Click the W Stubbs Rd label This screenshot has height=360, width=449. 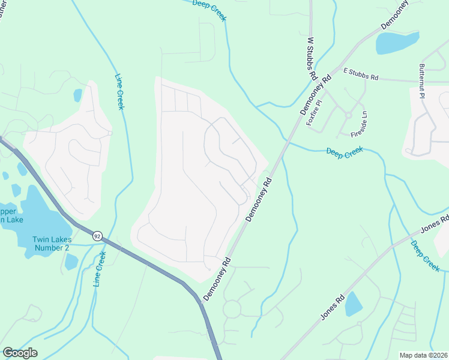tap(312, 59)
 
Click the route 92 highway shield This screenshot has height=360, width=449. tap(97, 236)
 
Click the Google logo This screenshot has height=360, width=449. tap(20, 353)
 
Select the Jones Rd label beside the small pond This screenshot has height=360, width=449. tap(332, 306)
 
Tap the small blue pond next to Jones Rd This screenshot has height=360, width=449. tap(354, 304)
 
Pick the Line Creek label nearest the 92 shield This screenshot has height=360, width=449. tap(100, 269)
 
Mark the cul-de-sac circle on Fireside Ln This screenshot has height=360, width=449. tap(348, 115)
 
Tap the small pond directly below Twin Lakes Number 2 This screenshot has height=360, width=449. tap(71, 262)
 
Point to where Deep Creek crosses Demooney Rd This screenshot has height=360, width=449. tap(285, 142)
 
